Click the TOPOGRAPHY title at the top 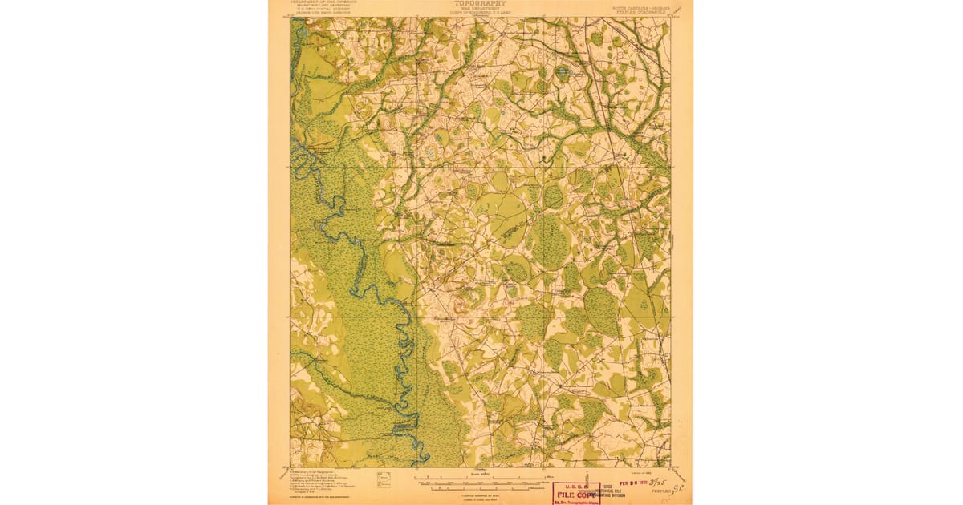coord(480,3)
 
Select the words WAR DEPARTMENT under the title coord(480,9)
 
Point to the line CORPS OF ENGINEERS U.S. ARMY coord(480,13)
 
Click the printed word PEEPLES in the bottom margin coord(660,491)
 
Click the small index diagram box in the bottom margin coord(384,479)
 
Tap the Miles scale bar coord(480,478)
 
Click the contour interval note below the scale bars coord(479,495)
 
